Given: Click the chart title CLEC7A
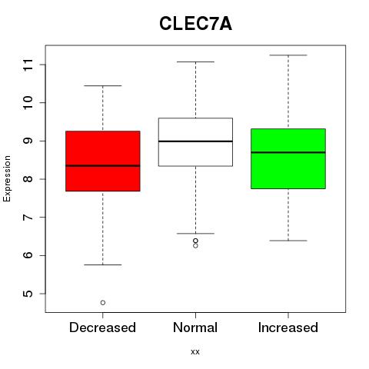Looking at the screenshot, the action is (195, 24).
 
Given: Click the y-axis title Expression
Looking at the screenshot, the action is (7, 178).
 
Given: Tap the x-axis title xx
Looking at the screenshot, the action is (195, 351).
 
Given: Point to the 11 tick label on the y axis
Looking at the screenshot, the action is (28, 65).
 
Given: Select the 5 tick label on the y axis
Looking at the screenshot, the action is (28, 294).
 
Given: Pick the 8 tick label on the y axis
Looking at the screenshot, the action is (28, 179).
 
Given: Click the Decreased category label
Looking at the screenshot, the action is (102, 327).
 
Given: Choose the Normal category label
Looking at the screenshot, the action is (195, 327).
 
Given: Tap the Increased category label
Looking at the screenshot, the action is (288, 327).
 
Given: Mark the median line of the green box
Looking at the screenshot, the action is (288, 152).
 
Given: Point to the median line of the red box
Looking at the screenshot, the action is (103, 165).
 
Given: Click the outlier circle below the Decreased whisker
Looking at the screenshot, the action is (103, 303).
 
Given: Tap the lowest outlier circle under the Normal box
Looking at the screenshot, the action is (195, 246).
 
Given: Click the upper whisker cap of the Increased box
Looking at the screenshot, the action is (288, 55).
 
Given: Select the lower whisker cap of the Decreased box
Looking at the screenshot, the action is (103, 264).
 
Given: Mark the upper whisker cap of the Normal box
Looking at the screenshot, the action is (195, 61).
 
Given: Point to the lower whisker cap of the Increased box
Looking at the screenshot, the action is (288, 241).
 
